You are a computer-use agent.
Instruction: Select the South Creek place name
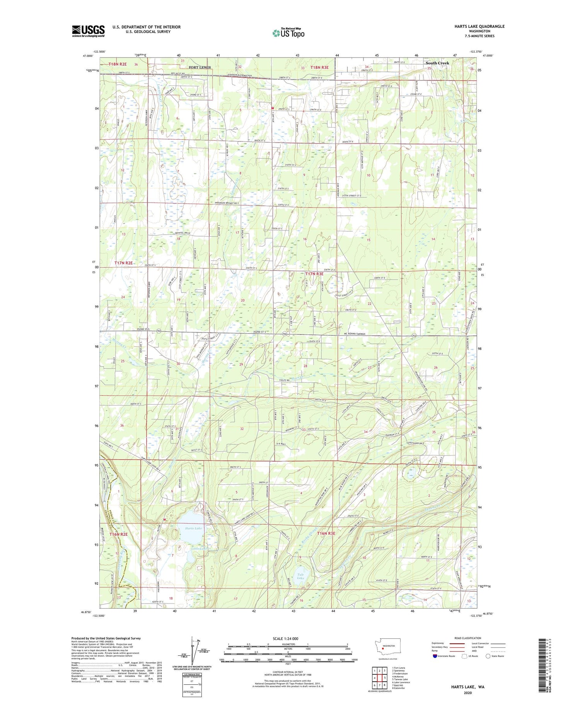click(x=437, y=63)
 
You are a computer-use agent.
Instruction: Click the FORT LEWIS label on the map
click(x=200, y=67)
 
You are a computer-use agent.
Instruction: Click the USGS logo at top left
click(x=88, y=31)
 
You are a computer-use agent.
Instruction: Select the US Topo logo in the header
click(x=288, y=33)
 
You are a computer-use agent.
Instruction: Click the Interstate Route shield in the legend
click(x=435, y=656)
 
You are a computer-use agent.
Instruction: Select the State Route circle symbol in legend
click(x=488, y=656)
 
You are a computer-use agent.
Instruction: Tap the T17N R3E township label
click(x=314, y=274)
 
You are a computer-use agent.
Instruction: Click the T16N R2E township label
click(x=118, y=534)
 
